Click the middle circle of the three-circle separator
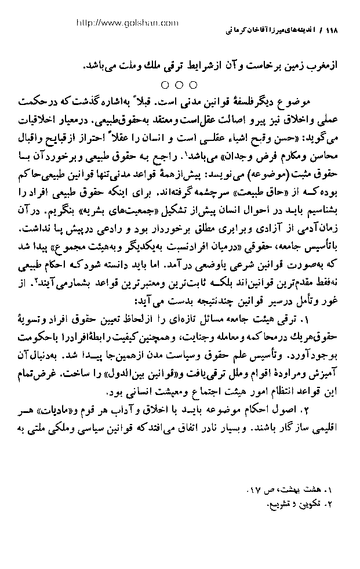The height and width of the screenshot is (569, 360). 179,85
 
